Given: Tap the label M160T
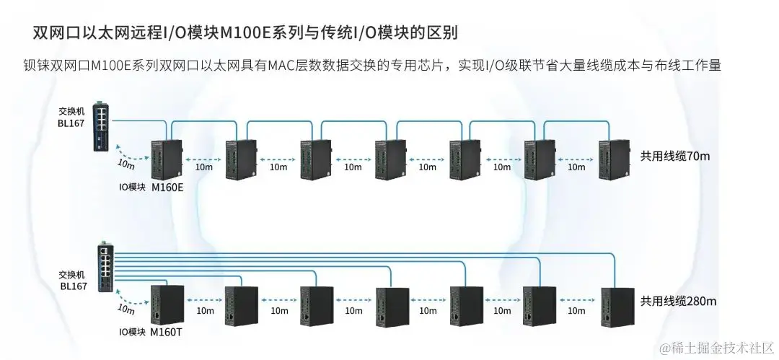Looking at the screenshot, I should [x=167, y=333].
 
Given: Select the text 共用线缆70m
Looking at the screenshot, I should [x=675, y=156].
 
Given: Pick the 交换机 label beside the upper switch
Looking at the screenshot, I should [x=71, y=112].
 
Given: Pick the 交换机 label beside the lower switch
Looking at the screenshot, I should [x=72, y=275].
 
